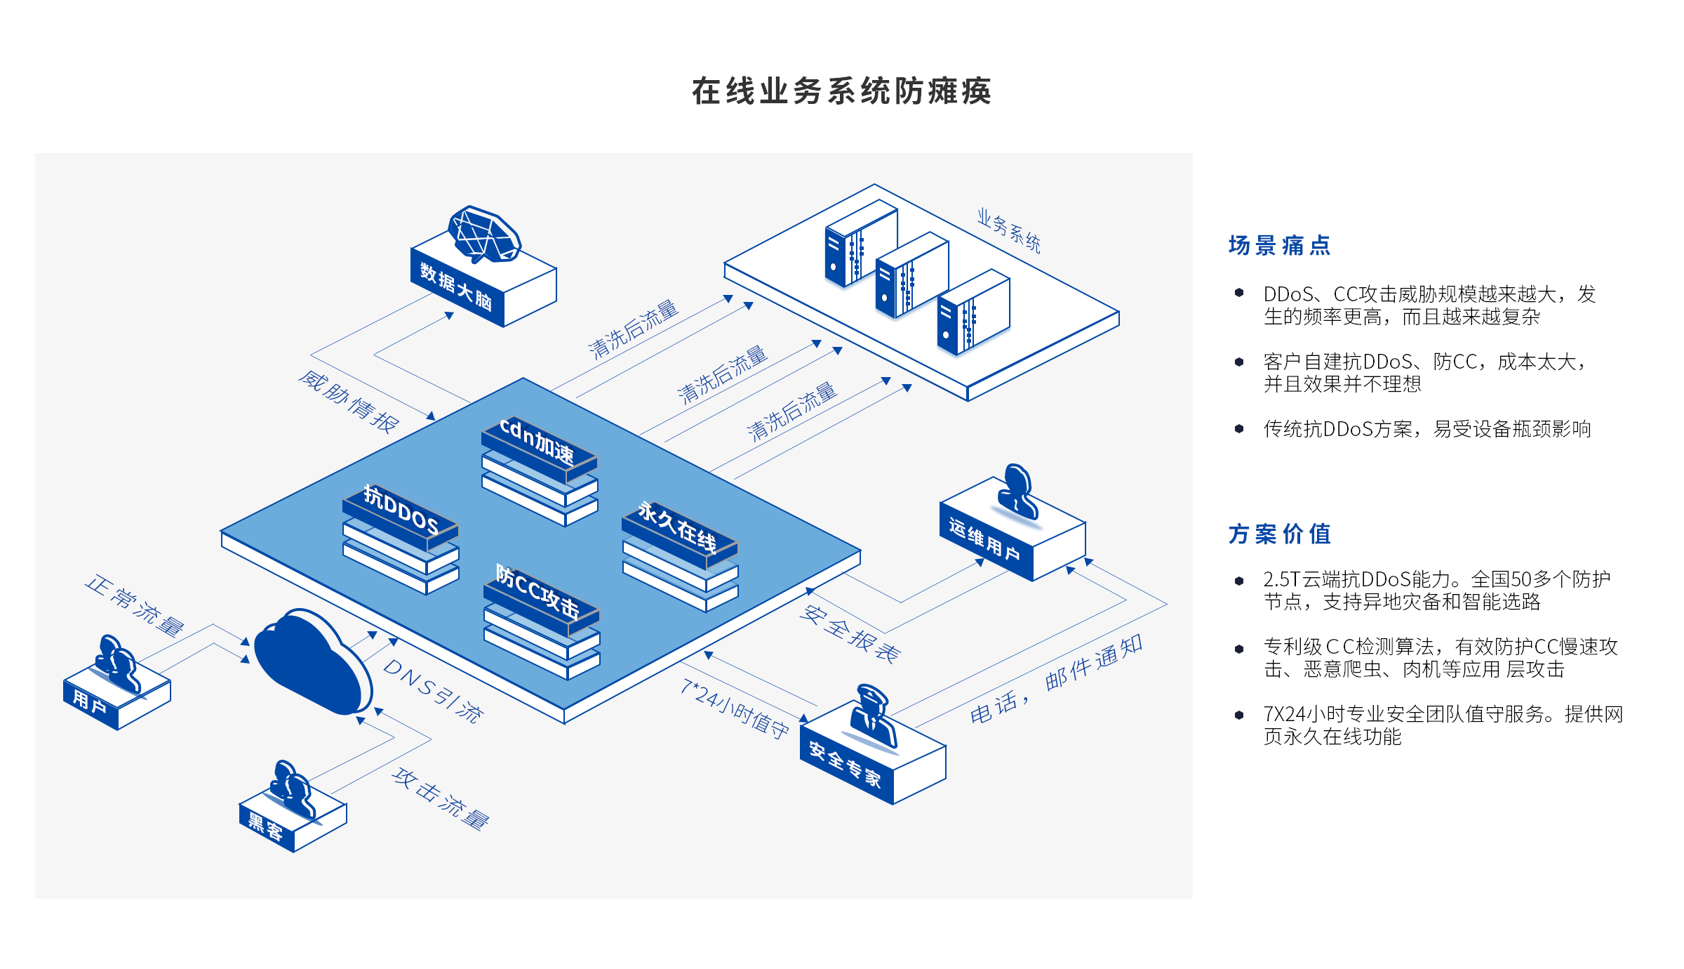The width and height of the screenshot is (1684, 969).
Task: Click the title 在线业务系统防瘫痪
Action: point(841,91)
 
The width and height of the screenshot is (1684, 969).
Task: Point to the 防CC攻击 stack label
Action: point(537,593)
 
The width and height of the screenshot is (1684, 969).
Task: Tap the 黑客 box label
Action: point(265,827)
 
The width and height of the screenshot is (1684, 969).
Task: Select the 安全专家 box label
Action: point(845,764)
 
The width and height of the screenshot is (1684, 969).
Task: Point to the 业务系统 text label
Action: point(1008,230)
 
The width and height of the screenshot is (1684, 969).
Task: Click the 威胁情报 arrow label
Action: point(349,402)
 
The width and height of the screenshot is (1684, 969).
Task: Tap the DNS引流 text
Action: point(433,691)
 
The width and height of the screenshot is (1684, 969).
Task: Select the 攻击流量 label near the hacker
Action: point(441,799)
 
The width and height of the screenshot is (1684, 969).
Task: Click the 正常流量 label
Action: point(135,605)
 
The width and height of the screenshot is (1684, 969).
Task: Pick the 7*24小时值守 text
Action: point(735,708)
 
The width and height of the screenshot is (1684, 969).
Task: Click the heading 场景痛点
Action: point(1279,246)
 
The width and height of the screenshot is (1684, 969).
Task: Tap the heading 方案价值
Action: point(1279,534)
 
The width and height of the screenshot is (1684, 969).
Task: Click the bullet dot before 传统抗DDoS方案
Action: point(1239,428)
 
